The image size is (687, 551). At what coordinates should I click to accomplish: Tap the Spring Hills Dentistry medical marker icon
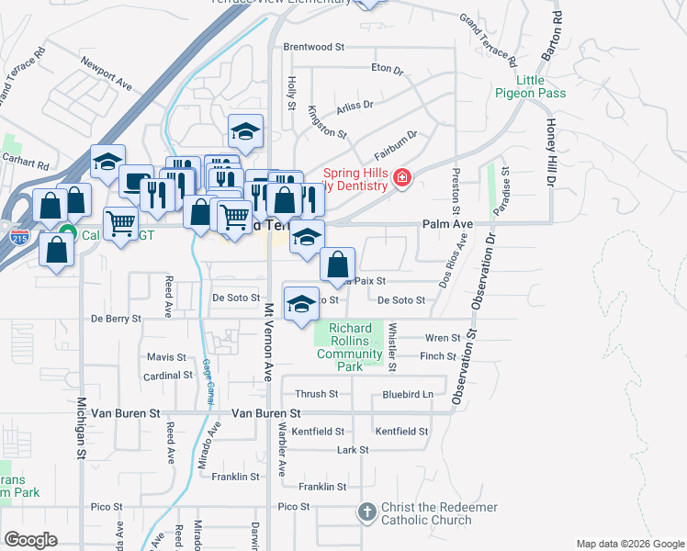pyautogui.click(x=401, y=178)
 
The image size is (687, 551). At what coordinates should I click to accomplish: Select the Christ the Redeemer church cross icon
pyautogui.click(x=366, y=513)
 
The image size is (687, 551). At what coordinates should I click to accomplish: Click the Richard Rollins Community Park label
pyautogui.click(x=349, y=347)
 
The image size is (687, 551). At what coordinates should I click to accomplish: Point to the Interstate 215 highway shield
pyautogui.click(x=19, y=238)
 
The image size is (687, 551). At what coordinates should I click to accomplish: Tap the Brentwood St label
pyautogui.click(x=313, y=46)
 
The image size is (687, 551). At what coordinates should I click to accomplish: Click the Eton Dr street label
pyautogui.click(x=387, y=68)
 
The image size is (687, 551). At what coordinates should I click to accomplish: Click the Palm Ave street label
pyautogui.click(x=447, y=224)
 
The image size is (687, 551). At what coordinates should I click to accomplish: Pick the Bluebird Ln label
pyautogui.click(x=407, y=395)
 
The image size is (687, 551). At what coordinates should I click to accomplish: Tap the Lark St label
pyautogui.click(x=352, y=450)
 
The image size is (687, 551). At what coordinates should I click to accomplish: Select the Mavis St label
pyautogui.click(x=166, y=357)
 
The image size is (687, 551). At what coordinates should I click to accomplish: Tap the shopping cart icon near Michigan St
pyautogui.click(x=121, y=222)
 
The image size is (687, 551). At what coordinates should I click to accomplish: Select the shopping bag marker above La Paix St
pyautogui.click(x=338, y=264)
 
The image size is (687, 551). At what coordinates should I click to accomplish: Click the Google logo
pyautogui.click(x=30, y=540)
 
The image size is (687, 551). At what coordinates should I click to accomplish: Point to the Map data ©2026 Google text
pyautogui.click(x=629, y=544)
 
